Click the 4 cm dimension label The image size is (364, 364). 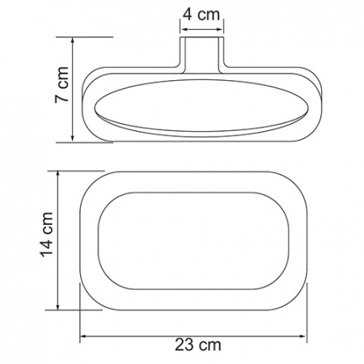201,15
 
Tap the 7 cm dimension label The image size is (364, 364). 61,84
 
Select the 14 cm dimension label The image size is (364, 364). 46,235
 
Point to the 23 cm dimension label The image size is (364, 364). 198,345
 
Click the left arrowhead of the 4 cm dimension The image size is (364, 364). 184,30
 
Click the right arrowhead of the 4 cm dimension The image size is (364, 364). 221,30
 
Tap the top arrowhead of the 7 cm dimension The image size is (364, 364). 73,40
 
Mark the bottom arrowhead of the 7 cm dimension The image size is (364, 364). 73,138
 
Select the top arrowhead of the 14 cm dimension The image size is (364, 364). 57,174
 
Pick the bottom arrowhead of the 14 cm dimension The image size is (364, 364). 57,307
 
